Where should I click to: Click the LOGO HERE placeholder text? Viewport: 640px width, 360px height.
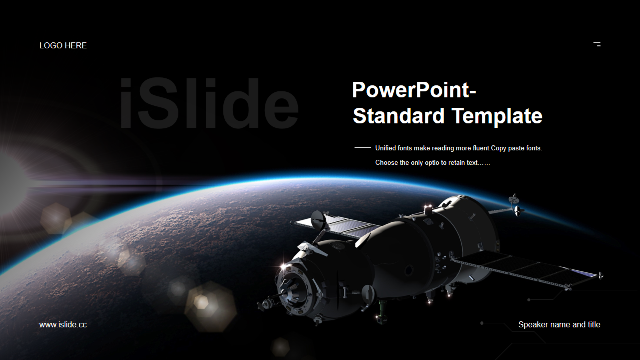click(x=63, y=46)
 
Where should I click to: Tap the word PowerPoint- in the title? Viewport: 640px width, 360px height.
click(x=414, y=90)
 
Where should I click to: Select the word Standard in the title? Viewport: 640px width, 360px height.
click(x=399, y=116)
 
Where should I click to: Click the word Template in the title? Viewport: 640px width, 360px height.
click(x=497, y=116)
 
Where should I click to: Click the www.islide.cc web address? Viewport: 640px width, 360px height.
click(x=63, y=325)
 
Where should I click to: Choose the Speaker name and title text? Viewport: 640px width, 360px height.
click(x=559, y=325)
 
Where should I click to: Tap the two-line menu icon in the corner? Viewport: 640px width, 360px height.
click(x=597, y=44)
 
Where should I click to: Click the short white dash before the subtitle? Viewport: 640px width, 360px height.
click(x=363, y=147)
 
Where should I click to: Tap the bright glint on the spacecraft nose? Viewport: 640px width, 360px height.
click(x=283, y=266)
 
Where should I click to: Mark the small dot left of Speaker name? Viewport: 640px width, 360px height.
click(x=482, y=323)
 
